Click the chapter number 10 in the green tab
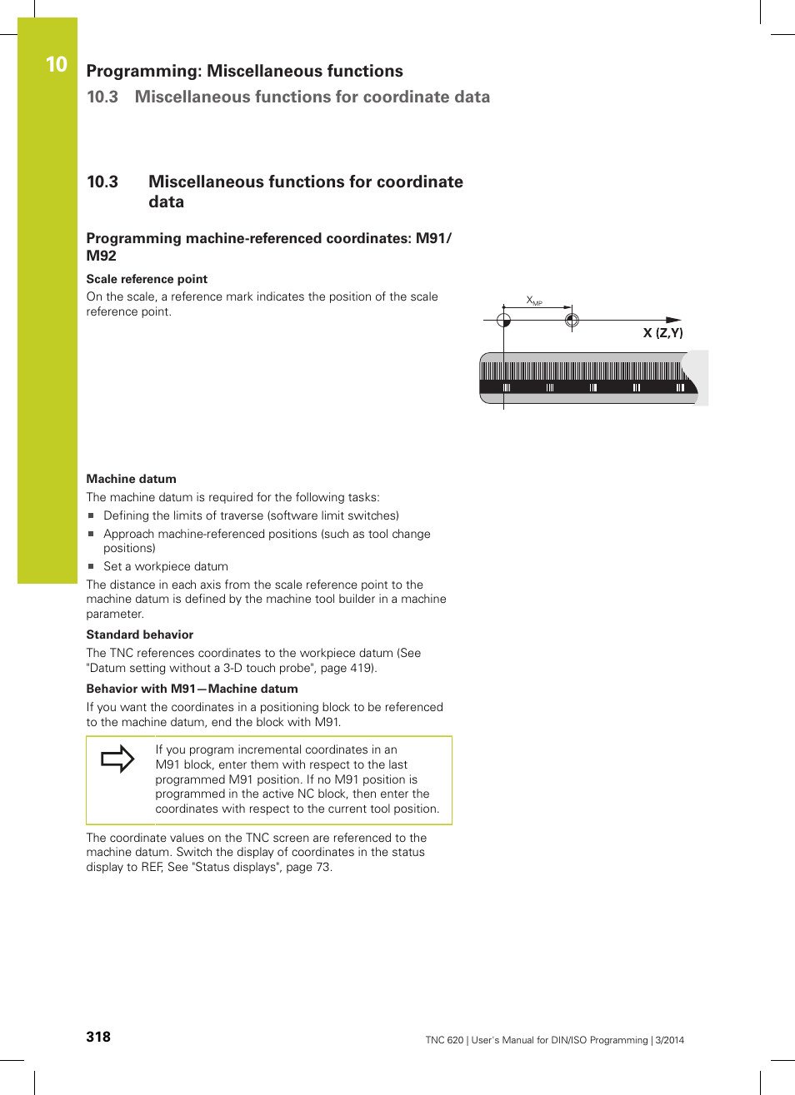[x=56, y=64]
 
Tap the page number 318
[x=98, y=1037]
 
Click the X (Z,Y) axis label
[x=662, y=333]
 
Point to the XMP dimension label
[x=534, y=301]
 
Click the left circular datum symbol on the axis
[x=503, y=320]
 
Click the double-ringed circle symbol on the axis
[x=571, y=320]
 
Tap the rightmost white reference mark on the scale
[x=680, y=387]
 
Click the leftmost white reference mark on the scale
[x=506, y=387]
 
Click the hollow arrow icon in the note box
[x=117, y=759]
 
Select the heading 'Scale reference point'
[x=147, y=279]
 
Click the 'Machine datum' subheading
[x=131, y=479]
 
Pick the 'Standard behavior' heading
[x=139, y=635]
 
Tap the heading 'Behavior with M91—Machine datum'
[x=192, y=689]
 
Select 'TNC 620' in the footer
[x=444, y=1040]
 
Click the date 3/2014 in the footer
[x=669, y=1040]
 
